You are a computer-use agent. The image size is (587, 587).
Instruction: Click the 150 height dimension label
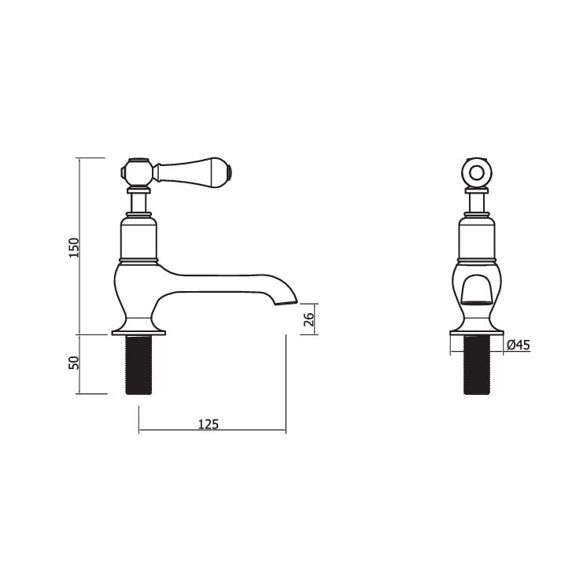[x=74, y=246]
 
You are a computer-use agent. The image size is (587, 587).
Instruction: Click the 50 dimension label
[x=74, y=364]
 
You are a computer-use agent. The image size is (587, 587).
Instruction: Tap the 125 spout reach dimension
[x=209, y=423]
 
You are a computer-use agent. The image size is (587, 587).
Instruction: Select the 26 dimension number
[x=308, y=319]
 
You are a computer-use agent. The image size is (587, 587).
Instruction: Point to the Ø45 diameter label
[x=518, y=344]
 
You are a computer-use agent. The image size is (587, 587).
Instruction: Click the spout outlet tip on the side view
[x=291, y=300]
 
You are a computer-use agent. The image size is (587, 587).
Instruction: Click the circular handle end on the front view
[x=477, y=174]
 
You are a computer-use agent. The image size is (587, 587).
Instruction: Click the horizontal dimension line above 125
[x=212, y=430]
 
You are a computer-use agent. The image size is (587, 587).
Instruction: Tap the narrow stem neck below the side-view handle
[x=139, y=203]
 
